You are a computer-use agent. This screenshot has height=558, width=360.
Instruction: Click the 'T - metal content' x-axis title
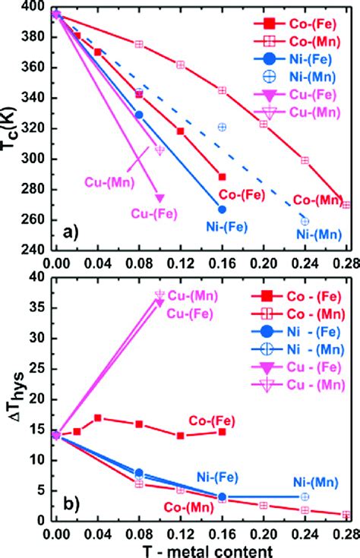[x=203, y=547]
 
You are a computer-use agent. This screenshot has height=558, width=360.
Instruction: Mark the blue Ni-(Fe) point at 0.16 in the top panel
[x=222, y=209]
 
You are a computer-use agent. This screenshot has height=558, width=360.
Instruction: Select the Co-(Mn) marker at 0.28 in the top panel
[x=346, y=205]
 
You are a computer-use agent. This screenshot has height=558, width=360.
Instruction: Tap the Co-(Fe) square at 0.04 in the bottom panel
[x=97, y=418]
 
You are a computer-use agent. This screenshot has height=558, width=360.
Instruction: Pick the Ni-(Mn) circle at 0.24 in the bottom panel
[x=305, y=496]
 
